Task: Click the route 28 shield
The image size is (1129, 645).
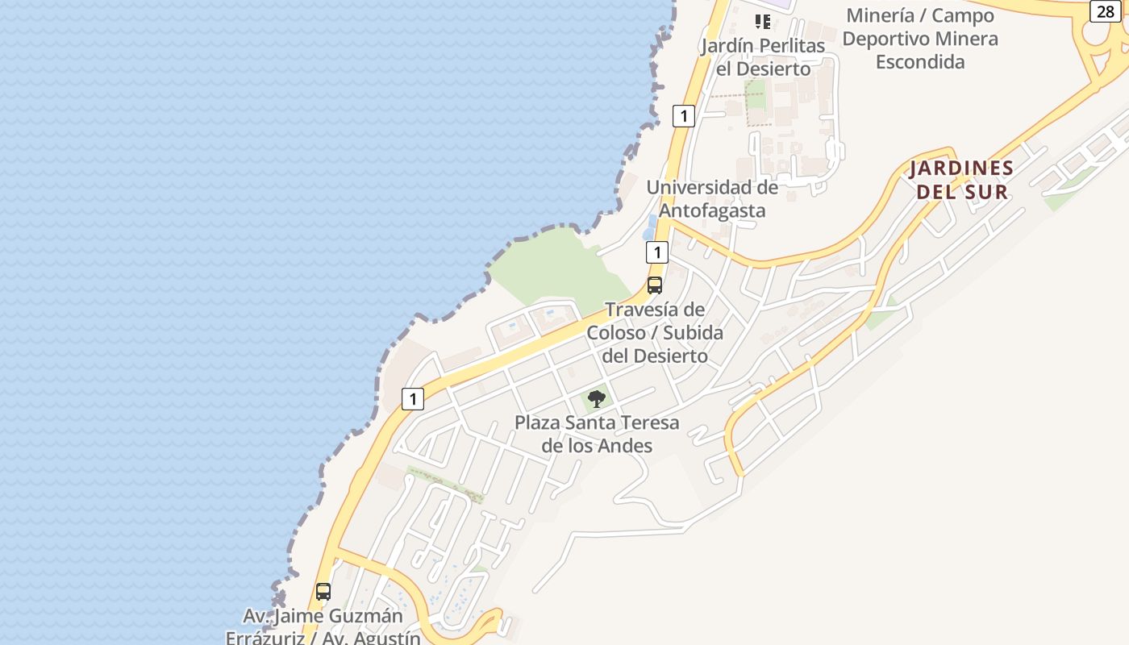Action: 1105,11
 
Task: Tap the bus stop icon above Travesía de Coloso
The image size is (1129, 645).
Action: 655,285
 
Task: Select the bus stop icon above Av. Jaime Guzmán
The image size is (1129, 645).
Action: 323,592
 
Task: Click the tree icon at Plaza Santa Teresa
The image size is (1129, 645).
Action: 596,398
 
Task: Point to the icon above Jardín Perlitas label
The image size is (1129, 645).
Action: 762,21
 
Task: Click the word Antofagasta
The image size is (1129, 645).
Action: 712,210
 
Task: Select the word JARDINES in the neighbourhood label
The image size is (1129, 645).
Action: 961,169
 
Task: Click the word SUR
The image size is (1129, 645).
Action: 990,192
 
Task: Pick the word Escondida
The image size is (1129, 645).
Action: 920,61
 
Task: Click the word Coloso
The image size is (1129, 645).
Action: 616,332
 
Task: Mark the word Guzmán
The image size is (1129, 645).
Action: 369,617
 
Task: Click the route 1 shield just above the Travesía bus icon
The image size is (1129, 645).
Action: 657,253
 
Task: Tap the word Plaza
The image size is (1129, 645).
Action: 537,422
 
